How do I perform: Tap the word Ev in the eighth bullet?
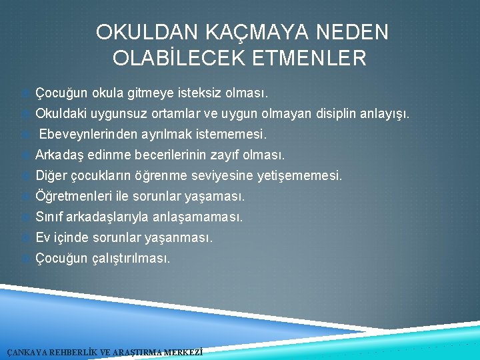coord(43,237)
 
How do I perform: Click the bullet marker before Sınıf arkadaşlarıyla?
coord(26,217)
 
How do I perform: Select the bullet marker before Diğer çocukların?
coord(26,176)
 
